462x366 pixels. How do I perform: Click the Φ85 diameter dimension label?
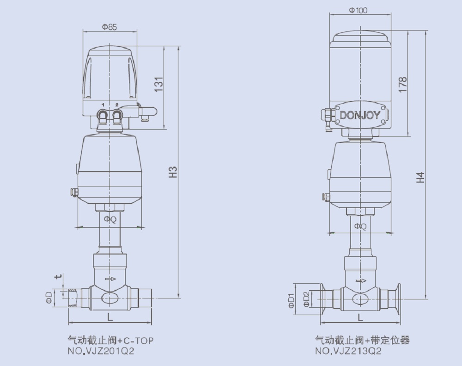click(x=109, y=27)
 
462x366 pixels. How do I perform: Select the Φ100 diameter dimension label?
click(x=359, y=10)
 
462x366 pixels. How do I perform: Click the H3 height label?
click(x=173, y=172)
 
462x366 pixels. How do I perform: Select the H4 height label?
click(x=420, y=177)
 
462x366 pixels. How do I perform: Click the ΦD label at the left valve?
click(x=49, y=298)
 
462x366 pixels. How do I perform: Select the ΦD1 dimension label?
click(x=291, y=300)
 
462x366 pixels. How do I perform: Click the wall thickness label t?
click(x=58, y=277)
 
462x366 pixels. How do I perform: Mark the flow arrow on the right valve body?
click(x=360, y=281)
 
